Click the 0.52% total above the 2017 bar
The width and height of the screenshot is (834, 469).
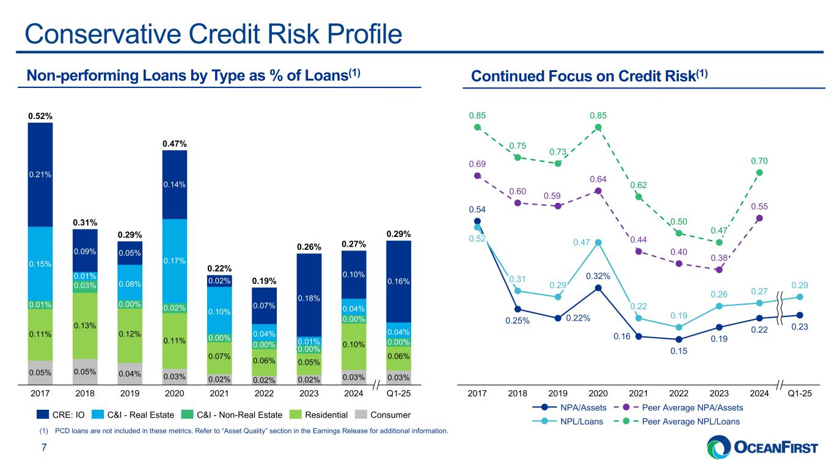click(40, 115)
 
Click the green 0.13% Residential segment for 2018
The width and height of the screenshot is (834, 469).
click(85, 325)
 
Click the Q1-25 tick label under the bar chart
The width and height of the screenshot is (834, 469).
click(398, 394)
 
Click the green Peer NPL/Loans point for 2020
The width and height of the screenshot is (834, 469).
click(598, 127)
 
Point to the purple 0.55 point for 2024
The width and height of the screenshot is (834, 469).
click(759, 218)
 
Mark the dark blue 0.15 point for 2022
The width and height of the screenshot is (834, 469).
click(678, 340)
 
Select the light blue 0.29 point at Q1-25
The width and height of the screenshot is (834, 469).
click(799, 297)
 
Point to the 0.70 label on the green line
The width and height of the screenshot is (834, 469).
click(759, 161)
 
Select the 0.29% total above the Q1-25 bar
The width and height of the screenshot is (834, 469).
click(398, 234)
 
